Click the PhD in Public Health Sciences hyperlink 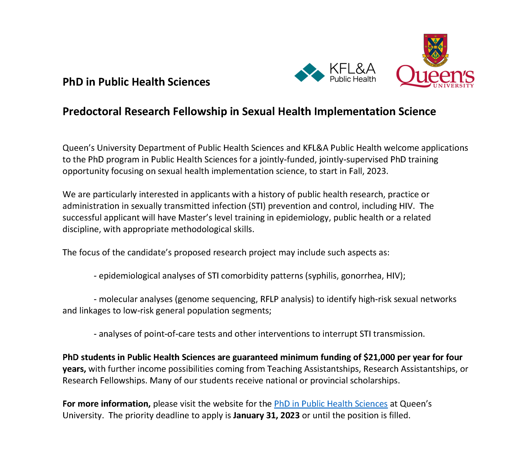(331, 404)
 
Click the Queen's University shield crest (435, 50)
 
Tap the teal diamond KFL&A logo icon (309, 73)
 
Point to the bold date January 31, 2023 (266, 415)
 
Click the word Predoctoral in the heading (92, 112)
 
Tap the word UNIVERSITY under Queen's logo (453, 86)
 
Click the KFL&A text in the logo (352, 69)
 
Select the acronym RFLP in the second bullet (269, 299)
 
